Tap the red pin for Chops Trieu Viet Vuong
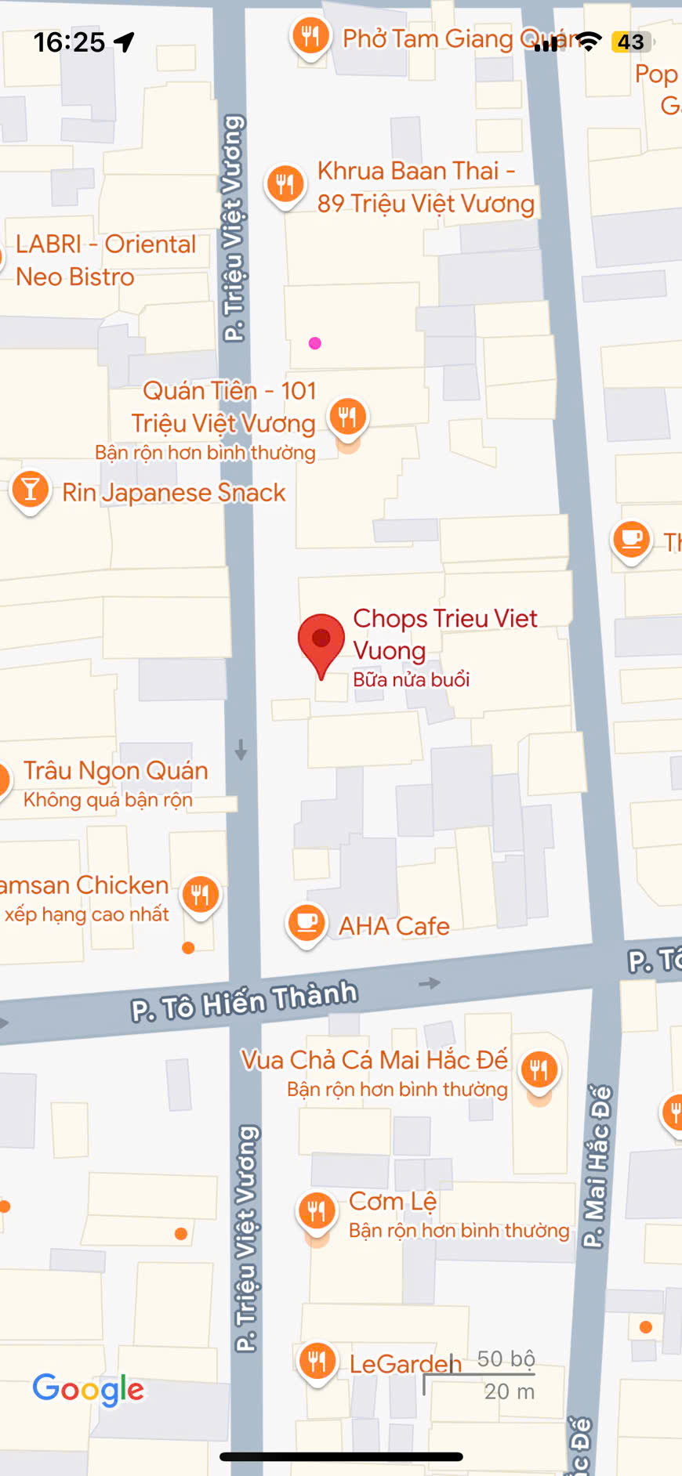[321, 640]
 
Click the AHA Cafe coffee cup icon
[307, 924]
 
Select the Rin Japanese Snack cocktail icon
[31, 490]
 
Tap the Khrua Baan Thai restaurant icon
[285, 185]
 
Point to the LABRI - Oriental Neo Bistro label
[105, 260]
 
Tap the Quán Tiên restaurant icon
[348, 416]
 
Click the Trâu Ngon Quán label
[115, 771]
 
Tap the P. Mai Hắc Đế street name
[597, 1166]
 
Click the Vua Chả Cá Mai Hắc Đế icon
[539, 1069]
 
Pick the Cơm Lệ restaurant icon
[317, 1211]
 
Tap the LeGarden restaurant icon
[317, 1362]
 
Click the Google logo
[88, 1390]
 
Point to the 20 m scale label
[509, 1391]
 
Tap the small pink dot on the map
[315, 343]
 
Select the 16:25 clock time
[69, 42]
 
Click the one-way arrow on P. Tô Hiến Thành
[430, 983]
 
